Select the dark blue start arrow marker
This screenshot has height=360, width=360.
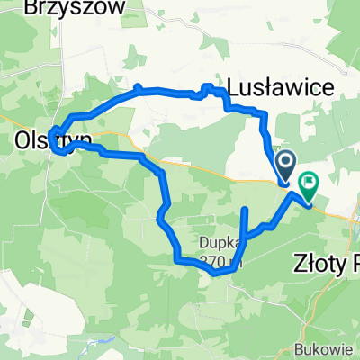286,165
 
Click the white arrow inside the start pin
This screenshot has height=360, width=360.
286,163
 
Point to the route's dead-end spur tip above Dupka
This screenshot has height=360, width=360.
244,210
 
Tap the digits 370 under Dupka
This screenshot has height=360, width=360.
214,262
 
